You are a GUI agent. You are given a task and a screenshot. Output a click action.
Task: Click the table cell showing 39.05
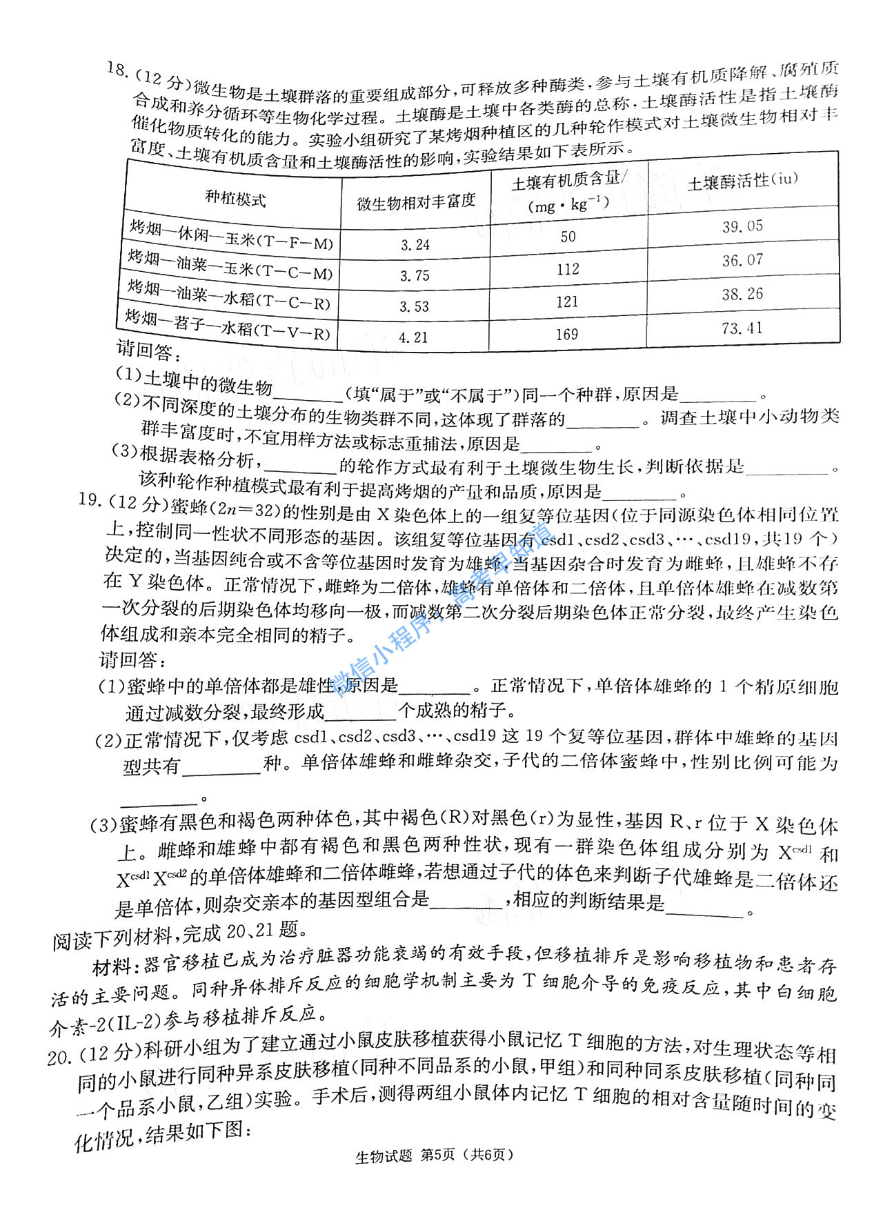click(x=742, y=226)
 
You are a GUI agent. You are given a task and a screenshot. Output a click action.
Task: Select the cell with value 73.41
click(x=742, y=328)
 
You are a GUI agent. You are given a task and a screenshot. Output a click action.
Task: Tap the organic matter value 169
click(x=567, y=335)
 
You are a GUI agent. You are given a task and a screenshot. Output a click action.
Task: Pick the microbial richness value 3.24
click(x=415, y=244)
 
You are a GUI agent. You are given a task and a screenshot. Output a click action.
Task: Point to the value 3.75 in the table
click(x=415, y=275)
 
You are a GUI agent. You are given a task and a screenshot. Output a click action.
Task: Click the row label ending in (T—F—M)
click(x=232, y=235)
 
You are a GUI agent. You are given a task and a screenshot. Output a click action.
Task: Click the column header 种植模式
click(x=235, y=199)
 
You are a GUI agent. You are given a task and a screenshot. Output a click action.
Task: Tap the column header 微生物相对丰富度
click(x=416, y=201)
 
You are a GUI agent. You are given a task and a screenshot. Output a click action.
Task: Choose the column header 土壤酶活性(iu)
click(x=742, y=181)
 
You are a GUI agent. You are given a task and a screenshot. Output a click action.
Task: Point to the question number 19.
click(x=90, y=499)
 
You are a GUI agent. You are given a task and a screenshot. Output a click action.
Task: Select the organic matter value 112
click(x=568, y=269)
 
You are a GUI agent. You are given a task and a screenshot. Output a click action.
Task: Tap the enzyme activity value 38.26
click(x=742, y=294)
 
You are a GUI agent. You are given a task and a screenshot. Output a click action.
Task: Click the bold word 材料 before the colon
click(x=111, y=968)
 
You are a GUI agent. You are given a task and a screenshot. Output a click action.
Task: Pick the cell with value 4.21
click(x=413, y=337)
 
